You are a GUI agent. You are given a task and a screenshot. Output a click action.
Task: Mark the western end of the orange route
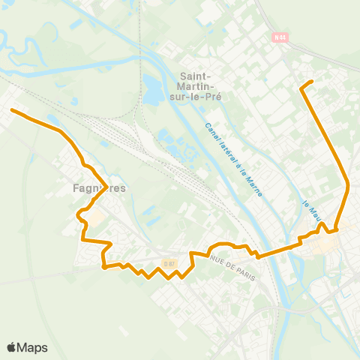point(11,109)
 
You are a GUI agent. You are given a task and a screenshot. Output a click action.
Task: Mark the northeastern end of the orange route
point(311,80)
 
